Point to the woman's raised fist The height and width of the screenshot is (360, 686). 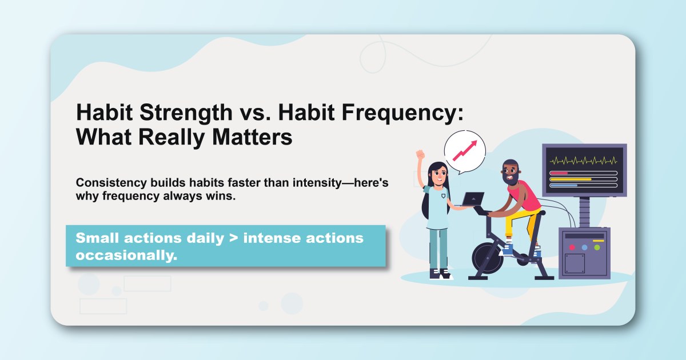tap(420, 155)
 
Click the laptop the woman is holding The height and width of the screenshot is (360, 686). tap(472, 199)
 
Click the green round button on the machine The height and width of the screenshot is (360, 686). tap(597, 247)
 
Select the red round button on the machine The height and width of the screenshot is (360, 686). tap(572, 247)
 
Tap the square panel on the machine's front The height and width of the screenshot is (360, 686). tap(575, 263)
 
